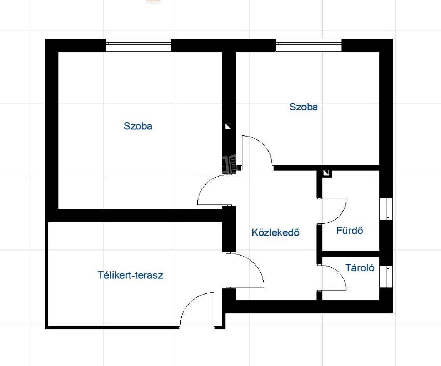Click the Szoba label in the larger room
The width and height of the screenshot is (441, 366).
pyautogui.click(x=138, y=126)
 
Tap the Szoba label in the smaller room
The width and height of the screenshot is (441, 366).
pyautogui.click(x=304, y=107)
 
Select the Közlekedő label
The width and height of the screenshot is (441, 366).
pyautogui.click(x=275, y=232)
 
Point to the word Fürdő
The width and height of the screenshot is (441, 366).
pyautogui.click(x=350, y=231)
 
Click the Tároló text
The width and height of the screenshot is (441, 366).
pyautogui.click(x=360, y=268)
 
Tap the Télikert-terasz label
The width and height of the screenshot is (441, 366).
pyautogui.click(x=131, y=275)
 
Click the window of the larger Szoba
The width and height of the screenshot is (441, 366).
pyautogui.click(x=138, y=45)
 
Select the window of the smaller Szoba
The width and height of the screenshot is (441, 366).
pyautogui.click(x=309, y=45)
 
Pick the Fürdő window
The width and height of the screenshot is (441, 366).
pyautogui.click(x=386, y=209)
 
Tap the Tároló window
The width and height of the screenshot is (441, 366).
pyautogui.click(x=386, y=277)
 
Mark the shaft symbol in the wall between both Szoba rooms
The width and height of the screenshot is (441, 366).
pyautogui.click(x=228, y=126)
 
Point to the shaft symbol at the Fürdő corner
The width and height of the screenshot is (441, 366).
pyautogui.click(x=326, y=173)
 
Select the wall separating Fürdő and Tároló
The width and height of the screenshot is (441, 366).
pyautogui.click(x=351, y=254)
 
